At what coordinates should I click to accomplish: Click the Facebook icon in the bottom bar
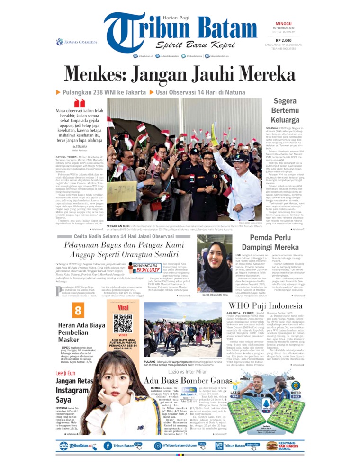point(108,446)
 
